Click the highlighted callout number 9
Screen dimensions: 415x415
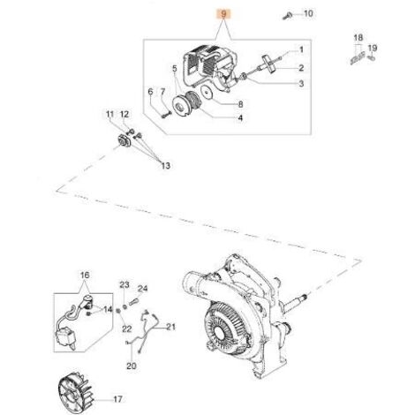(224, 14)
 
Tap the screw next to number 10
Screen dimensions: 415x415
(287, 15)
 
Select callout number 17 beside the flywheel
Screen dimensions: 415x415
(117, 399)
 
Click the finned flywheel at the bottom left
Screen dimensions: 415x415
(76, 388)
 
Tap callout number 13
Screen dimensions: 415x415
(165, 166)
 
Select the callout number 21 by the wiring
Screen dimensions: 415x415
(170, 327)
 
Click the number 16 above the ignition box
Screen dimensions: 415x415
(85, 275)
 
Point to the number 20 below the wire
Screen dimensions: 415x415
(132, 366)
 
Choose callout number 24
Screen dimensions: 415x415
(143, 289)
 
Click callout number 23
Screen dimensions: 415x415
(124, 285)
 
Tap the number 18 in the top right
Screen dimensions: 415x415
(358, 38)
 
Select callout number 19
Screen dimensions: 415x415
(373, 48)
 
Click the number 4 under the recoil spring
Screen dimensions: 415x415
(240, 118)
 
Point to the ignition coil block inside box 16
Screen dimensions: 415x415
(66, 337)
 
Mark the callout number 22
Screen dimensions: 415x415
(126, 328)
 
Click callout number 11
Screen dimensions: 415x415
(109, 114)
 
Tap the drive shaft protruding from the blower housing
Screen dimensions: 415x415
(295, 301)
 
